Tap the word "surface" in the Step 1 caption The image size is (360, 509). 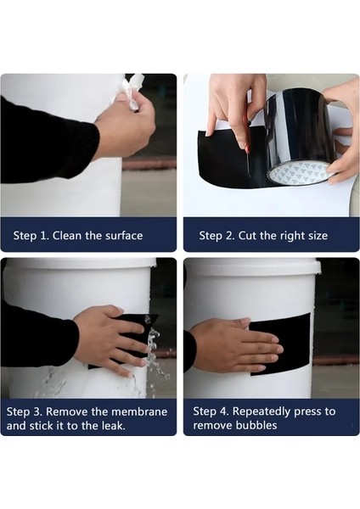coord(125,235)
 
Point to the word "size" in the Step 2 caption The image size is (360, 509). coord(318,236)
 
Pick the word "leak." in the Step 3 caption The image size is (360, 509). coord(114,426)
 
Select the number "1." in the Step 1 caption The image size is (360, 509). coord(44,235)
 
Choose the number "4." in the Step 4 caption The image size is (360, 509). coord(225,411)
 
